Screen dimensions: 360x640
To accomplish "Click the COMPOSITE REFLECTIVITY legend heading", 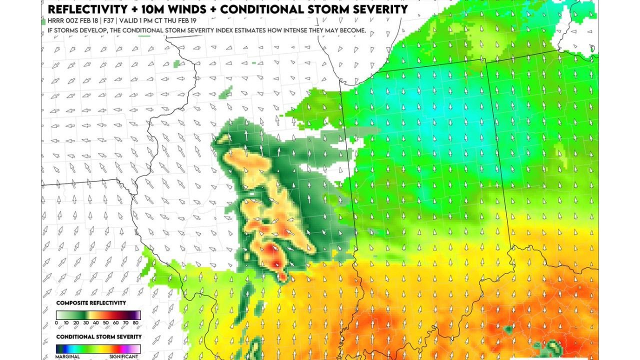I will pos(91,303).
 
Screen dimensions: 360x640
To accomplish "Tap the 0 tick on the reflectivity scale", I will pos(56,323).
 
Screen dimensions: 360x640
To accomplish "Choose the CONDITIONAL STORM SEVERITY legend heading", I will pos(98,336).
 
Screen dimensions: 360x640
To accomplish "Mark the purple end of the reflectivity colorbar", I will pos(137,315).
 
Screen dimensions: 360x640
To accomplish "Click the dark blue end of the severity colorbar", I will pos(59,348).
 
